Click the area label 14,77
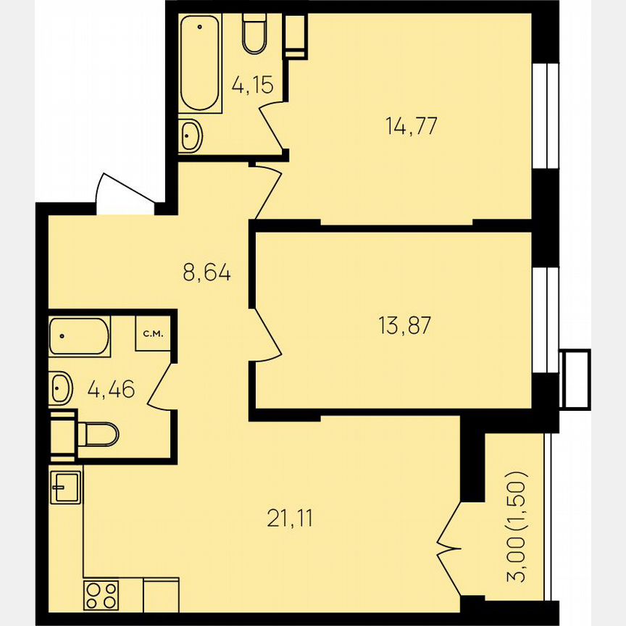click(412, 126)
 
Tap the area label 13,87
click(404, 325)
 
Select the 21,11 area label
click(290, 519)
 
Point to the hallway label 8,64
click(206, 273)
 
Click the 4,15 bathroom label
click(252, 85)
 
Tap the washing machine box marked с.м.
click(152, 334)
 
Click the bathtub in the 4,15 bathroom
click(200, 64)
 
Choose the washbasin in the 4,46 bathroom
click(61, 388)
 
